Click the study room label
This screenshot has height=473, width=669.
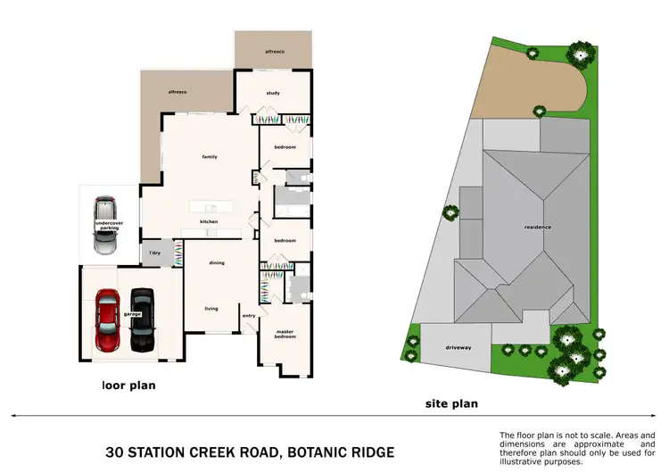[x=274, y=93]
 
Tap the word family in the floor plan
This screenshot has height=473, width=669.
[x=210, y=157]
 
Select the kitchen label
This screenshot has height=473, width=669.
[x=209, y=221]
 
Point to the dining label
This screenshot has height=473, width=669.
[x=217, y=263]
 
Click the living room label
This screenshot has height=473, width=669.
[x=211, y=309]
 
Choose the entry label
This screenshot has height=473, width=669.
[x=249, y=315]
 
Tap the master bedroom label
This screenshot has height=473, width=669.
[x=285, y=335]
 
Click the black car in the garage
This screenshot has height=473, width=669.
[x=142, y=319]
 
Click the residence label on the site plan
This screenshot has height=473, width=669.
[x=537, y=228]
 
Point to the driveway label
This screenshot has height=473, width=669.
[x=458, y=347]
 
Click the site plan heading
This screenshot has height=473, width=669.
[x=450, y=404]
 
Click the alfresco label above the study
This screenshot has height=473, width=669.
[x=274, y=53]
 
